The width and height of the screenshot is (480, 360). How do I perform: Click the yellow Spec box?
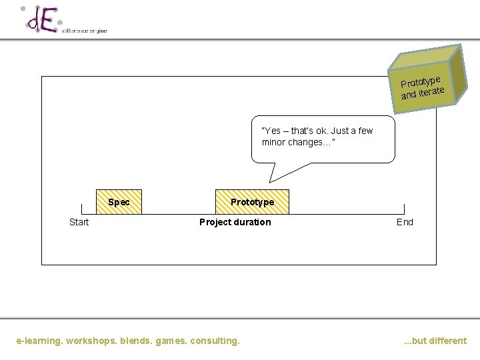coord(119,202)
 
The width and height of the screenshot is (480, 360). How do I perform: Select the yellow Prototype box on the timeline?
coord(252,202)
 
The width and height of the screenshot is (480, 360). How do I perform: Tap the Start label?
coord(79,222)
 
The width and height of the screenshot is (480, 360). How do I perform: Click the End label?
coord(405,222)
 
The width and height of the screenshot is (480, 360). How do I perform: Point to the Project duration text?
coord(235,222)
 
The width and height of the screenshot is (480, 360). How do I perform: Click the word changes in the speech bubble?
coord(305,143)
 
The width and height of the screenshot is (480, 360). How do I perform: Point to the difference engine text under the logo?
coord(84,31)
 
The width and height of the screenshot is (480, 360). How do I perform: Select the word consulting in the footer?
coord(215,341)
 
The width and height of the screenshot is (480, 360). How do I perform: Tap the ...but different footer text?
coord(435,341)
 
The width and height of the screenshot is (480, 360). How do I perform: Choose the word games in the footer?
coord(171,341)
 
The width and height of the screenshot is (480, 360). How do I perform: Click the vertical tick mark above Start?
coord(82,209)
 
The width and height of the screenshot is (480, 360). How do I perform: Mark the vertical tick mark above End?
coord(403,209)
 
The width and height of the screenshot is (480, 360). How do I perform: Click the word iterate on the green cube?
coord(431,91)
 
